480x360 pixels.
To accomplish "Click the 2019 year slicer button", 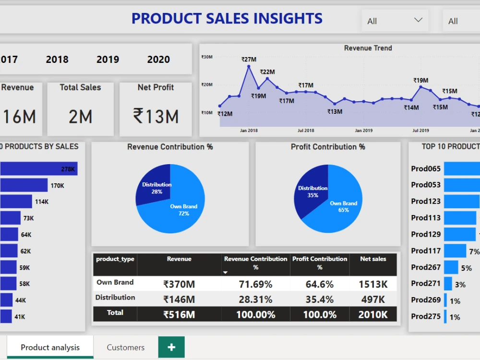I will (108, 60).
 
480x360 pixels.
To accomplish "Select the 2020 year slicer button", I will (158, 60).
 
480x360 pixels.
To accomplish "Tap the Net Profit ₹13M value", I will (156, 116).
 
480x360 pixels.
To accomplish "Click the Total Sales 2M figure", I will (80, 116).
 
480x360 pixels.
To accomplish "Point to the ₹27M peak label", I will (249, 60).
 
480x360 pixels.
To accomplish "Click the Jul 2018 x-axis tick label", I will (306, 131).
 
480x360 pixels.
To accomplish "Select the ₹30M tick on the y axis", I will (207, 57).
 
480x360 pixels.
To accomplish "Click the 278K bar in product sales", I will (38, 169).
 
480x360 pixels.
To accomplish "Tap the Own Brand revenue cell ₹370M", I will (179, 284).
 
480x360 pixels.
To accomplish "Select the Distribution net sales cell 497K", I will (372, 300).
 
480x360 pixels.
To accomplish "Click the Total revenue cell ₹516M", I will (179, 315).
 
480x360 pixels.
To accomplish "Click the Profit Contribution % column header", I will (320, 263).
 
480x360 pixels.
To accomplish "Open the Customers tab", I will (125, 348).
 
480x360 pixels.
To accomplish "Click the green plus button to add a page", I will (171, 348).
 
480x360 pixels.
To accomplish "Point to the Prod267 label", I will (426, 267).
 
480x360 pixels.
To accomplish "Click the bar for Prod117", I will (455, 251).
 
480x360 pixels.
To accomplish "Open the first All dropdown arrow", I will (418, 20).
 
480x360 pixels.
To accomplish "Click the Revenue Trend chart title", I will (368, 48).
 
